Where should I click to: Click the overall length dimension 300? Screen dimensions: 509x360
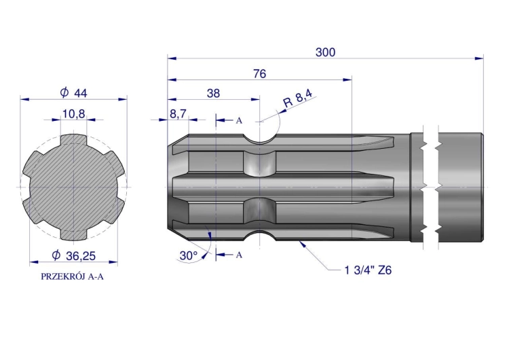tap(325, 52)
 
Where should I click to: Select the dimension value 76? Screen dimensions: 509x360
tap(260, 74)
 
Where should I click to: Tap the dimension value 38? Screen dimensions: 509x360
tap(213, 94)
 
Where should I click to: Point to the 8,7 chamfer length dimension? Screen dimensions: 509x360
tap(178, 114)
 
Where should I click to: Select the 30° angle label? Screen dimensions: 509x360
tap(189, 255)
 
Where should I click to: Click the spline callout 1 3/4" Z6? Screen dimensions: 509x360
tap(368, 270)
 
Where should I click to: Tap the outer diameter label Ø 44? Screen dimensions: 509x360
tap(74, 93)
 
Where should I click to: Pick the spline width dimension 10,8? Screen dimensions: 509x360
tap(74, 114)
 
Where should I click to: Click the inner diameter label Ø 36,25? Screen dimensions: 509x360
tap(74, 255)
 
